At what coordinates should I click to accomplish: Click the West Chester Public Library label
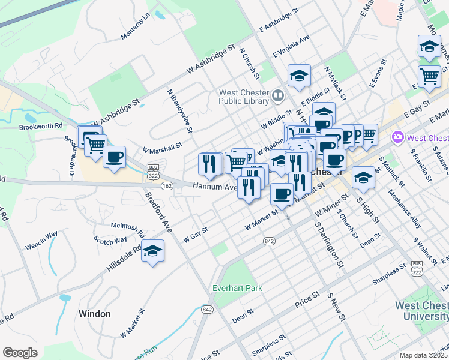tap(244, 97)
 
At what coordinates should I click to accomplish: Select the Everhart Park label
tap(238, 288)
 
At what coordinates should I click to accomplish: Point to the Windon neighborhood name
tap(94, 314)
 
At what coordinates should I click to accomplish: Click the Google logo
tap(20, 352)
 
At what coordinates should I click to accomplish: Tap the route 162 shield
tap(167, 187)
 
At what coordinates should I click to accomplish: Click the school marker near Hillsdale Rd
tap(153, 251)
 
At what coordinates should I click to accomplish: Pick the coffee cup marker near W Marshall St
tap(114, 158)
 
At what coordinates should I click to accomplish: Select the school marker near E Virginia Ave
tap(299, 76)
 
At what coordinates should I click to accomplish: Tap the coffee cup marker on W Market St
tap(282, 194)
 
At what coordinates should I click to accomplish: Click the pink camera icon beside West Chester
tap(397, 138)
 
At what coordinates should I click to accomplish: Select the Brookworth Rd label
tap(41, 127)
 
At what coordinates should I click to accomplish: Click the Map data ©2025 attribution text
tap(424, 355)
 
